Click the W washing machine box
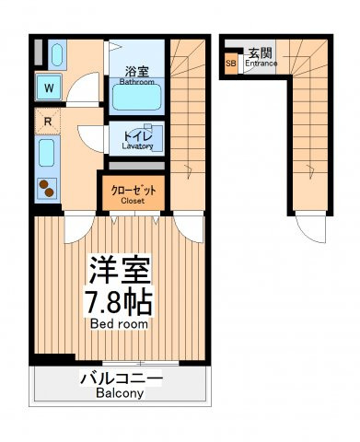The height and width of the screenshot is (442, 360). [x=49, y=87]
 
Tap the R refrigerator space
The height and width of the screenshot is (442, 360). [x=48, y=122]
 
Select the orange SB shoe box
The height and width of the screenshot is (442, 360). [x=231, y=64]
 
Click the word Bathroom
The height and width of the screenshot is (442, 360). [x=137, y=82]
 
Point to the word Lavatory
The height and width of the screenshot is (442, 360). [x=137, y=146]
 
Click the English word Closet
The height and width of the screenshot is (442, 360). [x=133, y=201]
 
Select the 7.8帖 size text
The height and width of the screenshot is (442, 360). [x=119, y=302]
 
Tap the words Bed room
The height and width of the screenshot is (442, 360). [x=119, y=324]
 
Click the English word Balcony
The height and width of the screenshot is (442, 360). [x=120, y=393]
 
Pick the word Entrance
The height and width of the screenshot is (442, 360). [x=261, y=64]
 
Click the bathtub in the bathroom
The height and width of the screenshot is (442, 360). [x=136, y=97]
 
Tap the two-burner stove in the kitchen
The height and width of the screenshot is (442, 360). [x=47, y=189]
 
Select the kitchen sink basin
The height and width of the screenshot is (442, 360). [x=47, y=153]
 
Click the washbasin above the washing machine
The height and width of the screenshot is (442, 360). [x=57, y=55]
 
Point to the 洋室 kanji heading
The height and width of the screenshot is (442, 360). [x=120, y=270]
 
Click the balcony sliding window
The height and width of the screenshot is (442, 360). [x=141, y=364]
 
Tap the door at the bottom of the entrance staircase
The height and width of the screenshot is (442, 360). [x=310, y=227]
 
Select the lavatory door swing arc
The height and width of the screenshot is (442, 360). [x=91, y=139]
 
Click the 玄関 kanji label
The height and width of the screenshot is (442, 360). [x=261, y=53]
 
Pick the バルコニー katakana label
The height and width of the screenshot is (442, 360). [x=121, y=379]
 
